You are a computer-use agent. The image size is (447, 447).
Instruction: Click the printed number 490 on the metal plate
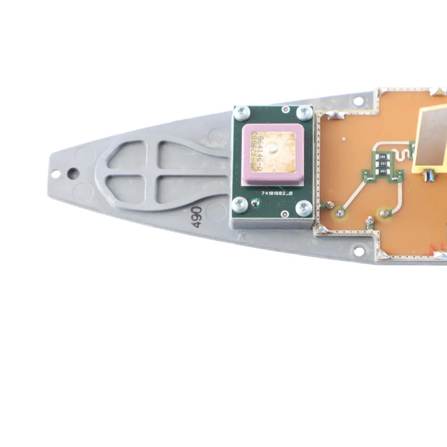(x=196, y=217)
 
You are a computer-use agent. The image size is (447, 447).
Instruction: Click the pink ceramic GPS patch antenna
(x=273, y=154)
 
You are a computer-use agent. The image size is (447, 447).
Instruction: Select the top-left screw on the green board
(x=242, y=113)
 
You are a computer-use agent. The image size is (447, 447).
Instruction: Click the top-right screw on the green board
(x=305, y=113)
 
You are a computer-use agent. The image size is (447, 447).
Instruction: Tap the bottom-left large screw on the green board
(x=240, y=205)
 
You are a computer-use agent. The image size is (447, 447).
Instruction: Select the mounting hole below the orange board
(x=359, y=251)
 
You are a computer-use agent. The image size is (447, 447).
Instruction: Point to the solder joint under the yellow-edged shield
(x=429, y=177)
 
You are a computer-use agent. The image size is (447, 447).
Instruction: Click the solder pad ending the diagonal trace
(x=340, y=213)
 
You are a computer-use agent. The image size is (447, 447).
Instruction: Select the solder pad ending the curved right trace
(x=385, y=214)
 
